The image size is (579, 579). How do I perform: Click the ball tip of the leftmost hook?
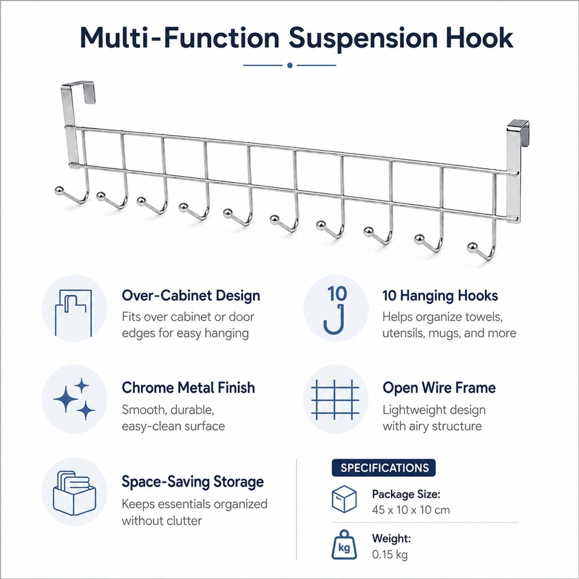(x=59, y=190)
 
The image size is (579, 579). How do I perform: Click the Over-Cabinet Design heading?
(x=191, y=296)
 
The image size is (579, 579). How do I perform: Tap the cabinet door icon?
(x=74, y=313)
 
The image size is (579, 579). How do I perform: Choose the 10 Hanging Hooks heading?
(x=440, y=296)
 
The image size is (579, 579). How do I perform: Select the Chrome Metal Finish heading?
(x=188, y=387)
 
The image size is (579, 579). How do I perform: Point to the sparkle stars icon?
(x=74, y=399)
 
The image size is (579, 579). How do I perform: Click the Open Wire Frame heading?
(x=439, y=387)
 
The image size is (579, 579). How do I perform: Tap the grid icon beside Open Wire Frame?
(x=335, y=400)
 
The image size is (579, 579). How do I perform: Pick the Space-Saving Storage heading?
(x=193, y=482)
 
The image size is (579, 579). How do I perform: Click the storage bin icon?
(x=74, y=493)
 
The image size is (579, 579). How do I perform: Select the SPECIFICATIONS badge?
(x=384, y=468)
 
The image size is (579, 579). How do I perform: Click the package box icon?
(x=345, y=499)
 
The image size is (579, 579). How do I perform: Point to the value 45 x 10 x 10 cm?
(x=411, y=510)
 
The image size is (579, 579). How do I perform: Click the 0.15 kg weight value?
(x=390, y=554)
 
